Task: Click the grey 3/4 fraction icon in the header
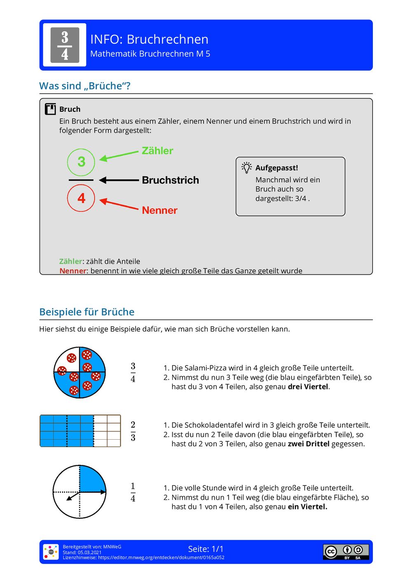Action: tap(65, 45)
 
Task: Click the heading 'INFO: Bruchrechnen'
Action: tap(149, 39)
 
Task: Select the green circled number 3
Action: tap(81, 162)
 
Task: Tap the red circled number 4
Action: tap(81, 198)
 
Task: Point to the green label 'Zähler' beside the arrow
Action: tap(157, 151)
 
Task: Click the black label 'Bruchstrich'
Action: tap(170, 180)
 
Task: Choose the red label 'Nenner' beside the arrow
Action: tap(159, 210)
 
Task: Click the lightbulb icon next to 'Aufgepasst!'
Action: tap(246, 167)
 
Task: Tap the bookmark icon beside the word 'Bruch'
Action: tap(50, 109)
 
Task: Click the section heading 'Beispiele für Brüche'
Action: tap(87, 312)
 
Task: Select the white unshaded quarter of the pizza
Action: tap(67, 360)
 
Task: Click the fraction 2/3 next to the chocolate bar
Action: tap(133, 431)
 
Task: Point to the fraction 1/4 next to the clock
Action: tap(133, 492)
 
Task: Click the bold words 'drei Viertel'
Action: tap(308, 387)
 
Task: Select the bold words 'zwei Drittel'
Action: tap(309, 444)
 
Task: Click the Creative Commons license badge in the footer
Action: tap(346, 551)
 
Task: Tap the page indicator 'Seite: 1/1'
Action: tap(206, 549)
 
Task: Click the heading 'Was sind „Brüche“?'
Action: tap(85, 86)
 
